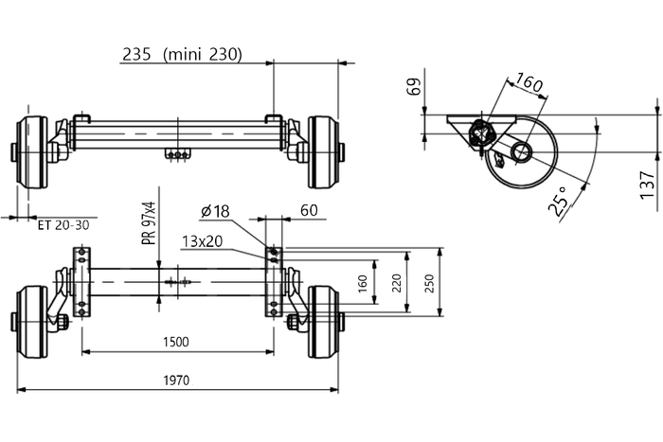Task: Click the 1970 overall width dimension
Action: tap(176, 380)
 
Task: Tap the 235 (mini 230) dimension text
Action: tap(182, 55)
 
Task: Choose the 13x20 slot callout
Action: tap(202, 240)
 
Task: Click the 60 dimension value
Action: tap(308, 211)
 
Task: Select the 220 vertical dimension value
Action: tap(397, 282)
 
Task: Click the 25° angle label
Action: tap(560, 200)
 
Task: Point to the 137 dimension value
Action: tap(647, 186)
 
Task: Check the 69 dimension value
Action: tap(413, 89)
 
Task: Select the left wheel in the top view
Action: tap(33, 151)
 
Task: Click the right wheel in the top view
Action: tap(322, 151)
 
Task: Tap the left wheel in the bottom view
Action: tap(32, 322)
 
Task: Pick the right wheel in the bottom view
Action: tap(323, 322)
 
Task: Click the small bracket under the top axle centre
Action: tap(177, 154)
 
